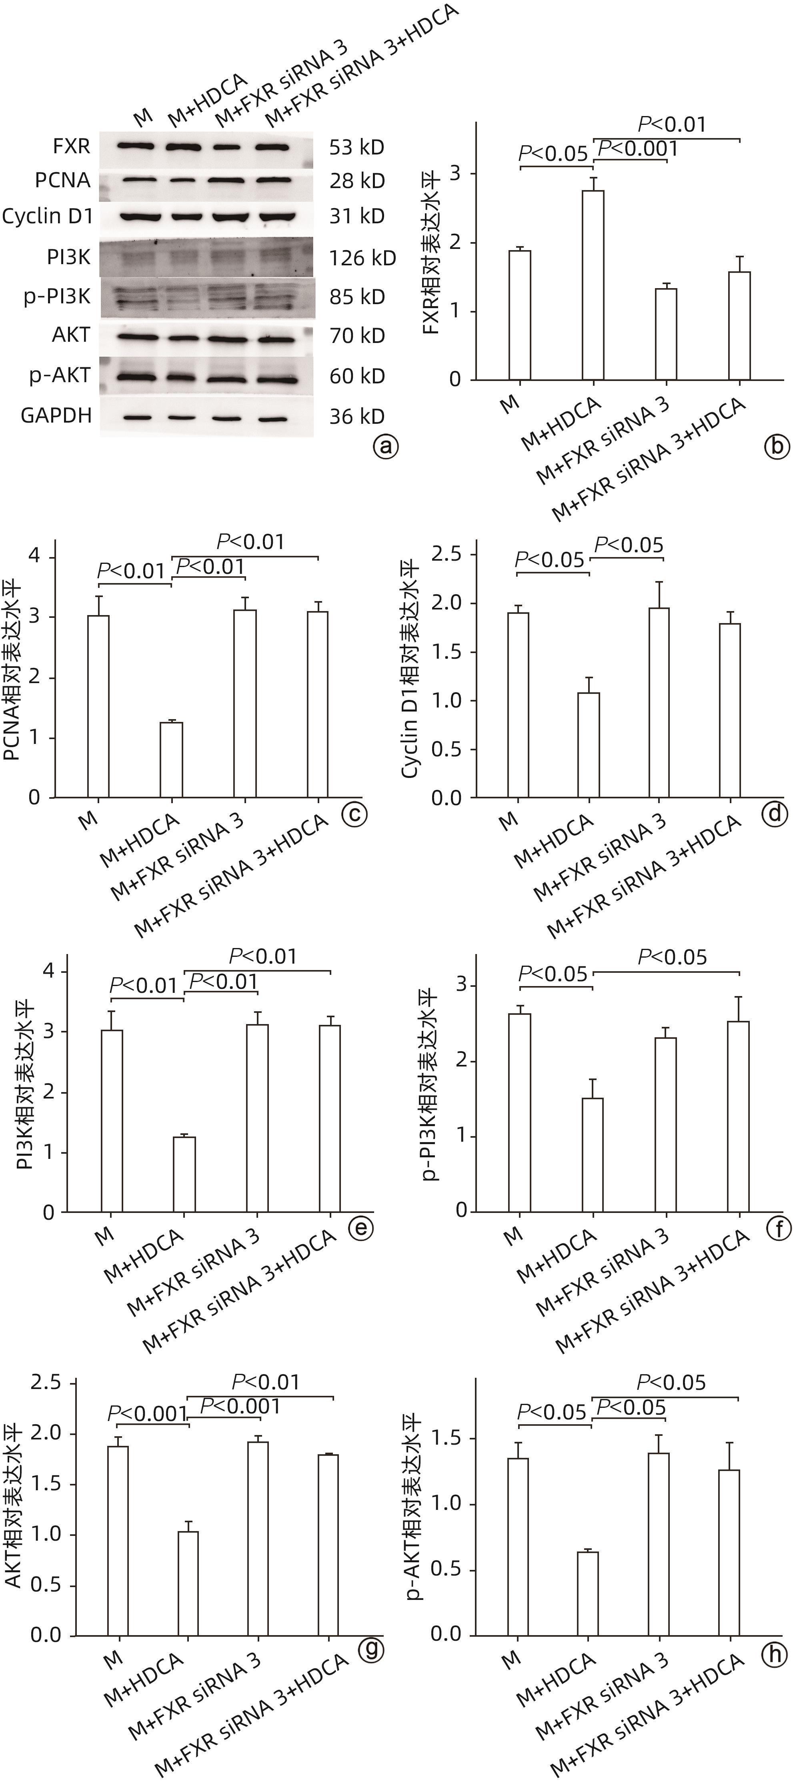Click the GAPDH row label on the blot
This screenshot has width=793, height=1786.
(56, 416)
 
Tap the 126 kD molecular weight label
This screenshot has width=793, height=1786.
(362, 259)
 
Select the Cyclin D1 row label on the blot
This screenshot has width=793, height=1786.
(47, 217)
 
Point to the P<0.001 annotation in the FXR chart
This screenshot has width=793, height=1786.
(638, 149)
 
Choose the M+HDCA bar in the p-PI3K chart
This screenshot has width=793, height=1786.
(593, 1155)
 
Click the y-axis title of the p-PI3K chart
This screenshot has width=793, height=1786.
(429, 1083)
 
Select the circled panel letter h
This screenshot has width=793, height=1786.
(774, 1654)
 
